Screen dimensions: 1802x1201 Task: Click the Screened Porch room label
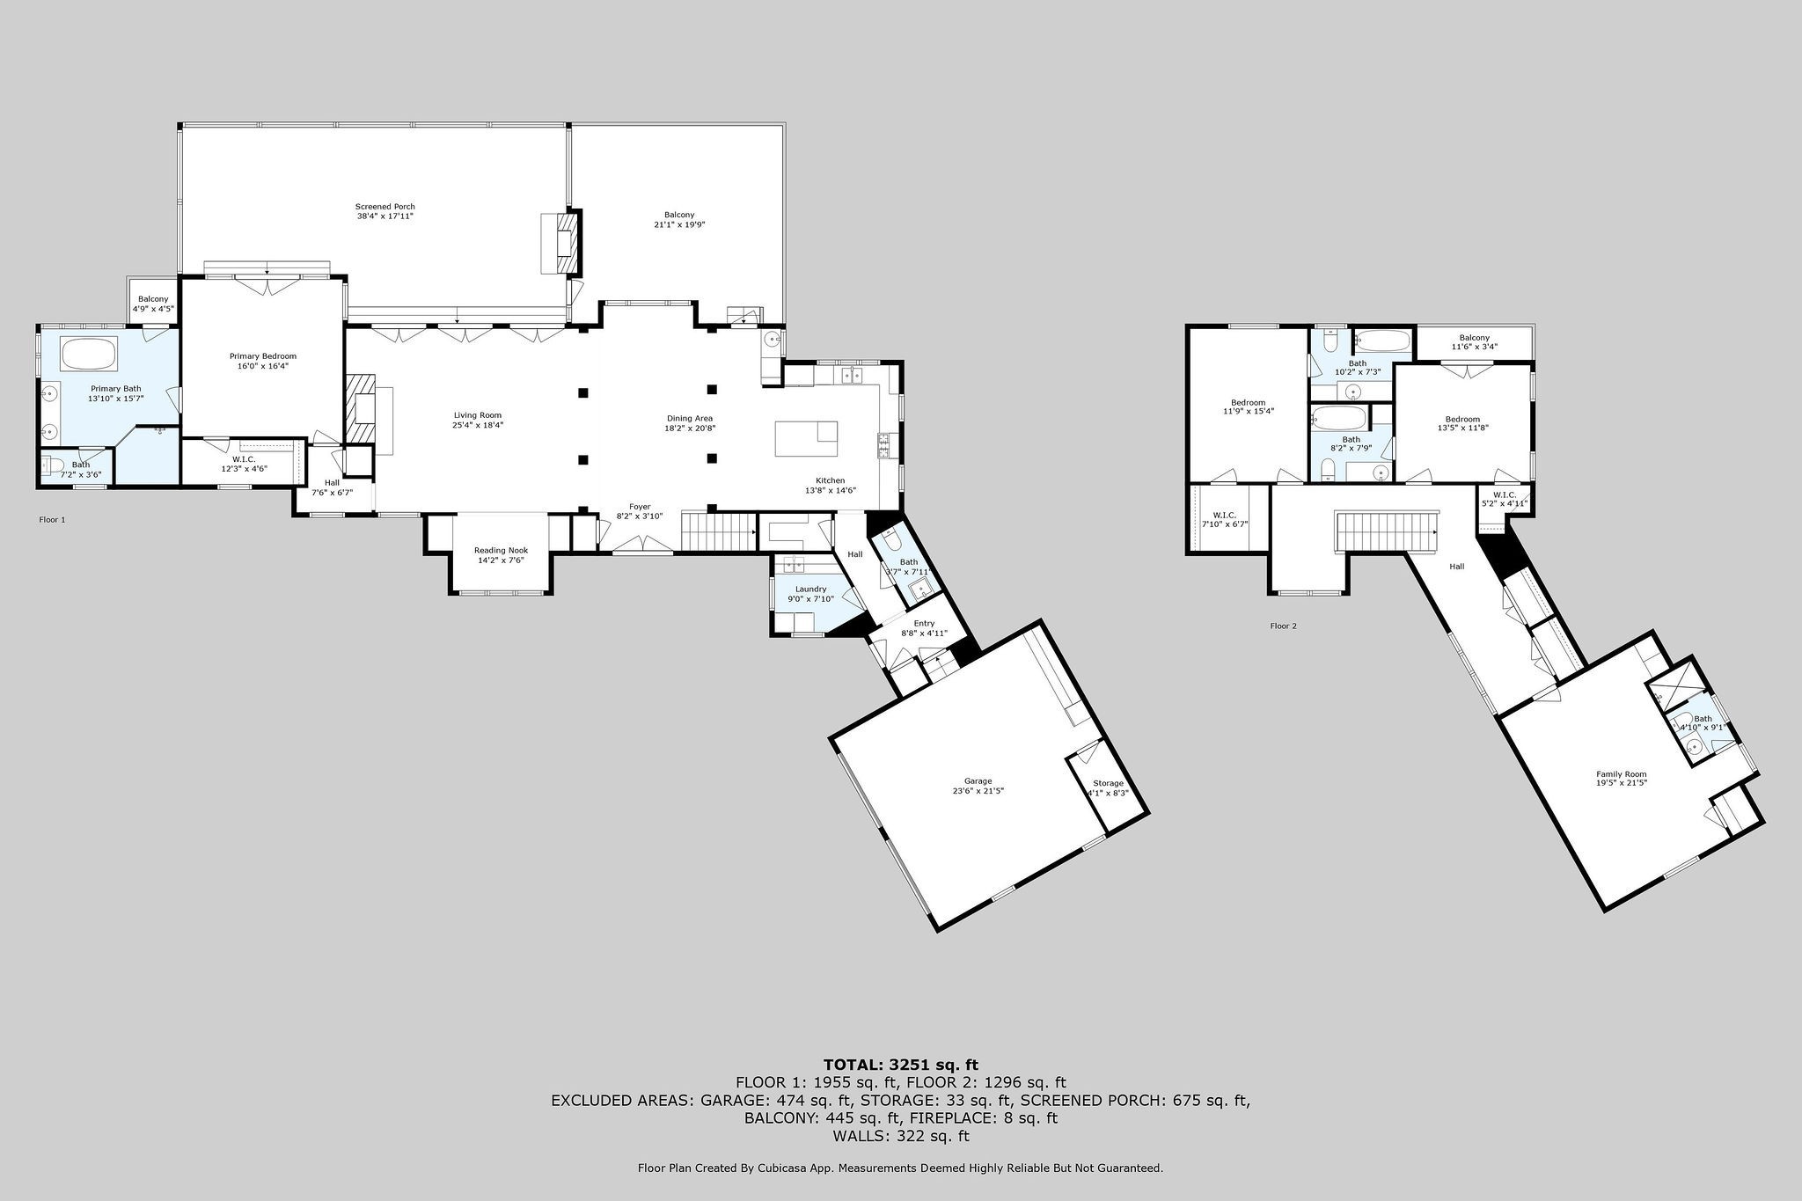pyautogui.click(x=385, y=207)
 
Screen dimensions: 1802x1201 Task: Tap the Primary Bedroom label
pyautogui.click(x=263, y=356)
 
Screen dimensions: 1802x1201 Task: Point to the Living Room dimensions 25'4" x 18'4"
pyautogui.click(x=478, y=425)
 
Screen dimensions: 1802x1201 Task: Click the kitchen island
pyautogui.click(x=806, y=438)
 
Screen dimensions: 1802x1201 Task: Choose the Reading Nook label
pyautogui.click(x=501, y=551)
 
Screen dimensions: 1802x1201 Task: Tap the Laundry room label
pyautogui.click(x=810, y=590)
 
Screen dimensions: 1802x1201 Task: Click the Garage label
pyautogui.click(x=978, y=780)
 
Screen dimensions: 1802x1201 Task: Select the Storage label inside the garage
pyautogui.click(x=1108, y=783)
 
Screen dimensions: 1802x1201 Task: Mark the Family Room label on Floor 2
pyautogui.click(x=1622, y=774)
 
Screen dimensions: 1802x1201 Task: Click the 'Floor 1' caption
pyautogui.click(x=52, y=520)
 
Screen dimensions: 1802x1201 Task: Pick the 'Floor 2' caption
pyautogui.click(x=1284, y=626)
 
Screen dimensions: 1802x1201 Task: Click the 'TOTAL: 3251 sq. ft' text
pyautogui.click(x=900, y=1065)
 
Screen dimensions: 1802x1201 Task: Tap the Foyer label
pyautogui.click(x=640, y=507)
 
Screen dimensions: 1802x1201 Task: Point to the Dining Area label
pyautogui.click(x=689, y=419)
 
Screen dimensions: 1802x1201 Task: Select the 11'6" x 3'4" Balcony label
pyautogui.click(x=1475, y=342)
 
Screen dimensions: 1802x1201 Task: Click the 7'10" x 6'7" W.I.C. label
pyautogui.click(x=1224, y=520)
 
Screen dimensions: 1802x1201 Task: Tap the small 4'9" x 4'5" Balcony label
pyautogui.click(x=153, y=304)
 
